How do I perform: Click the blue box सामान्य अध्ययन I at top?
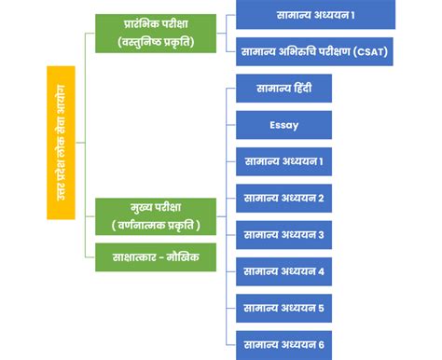(315, 15)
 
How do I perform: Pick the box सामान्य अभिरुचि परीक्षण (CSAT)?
(315, 51)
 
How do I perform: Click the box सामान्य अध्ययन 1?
(283, 162)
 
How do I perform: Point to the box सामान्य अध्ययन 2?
(283, 199)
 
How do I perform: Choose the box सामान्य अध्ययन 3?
(283, 234)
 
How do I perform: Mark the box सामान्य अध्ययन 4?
(283, 271)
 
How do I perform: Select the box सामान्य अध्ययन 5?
(283, 307)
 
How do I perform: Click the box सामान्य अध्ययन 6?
(283, 343)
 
